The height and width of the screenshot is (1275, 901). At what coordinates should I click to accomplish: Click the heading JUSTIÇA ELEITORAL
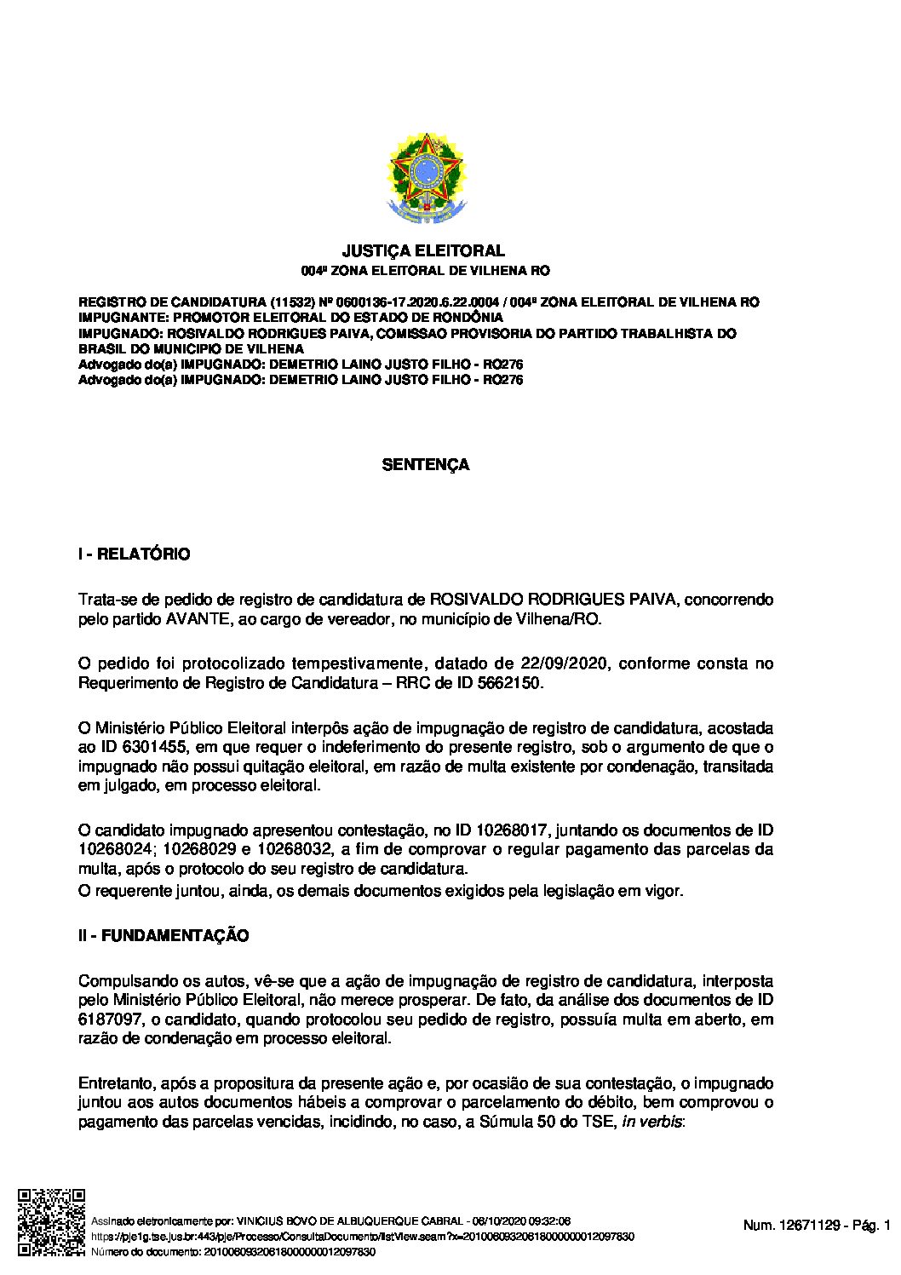click(x=423, y=250)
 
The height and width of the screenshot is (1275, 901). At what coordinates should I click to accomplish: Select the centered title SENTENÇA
click(x=425, y=465)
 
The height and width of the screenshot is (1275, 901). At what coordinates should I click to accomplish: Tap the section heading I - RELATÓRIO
click(x=134, y=554)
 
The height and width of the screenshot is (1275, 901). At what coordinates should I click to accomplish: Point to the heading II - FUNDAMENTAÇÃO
click(x=164, y=936)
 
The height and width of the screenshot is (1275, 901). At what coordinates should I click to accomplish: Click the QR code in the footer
click(x=51, y=1222)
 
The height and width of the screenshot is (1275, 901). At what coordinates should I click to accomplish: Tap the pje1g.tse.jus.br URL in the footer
click(x=362, y=1236)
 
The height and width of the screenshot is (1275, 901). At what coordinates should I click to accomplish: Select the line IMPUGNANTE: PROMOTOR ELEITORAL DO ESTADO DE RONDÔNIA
click(x=290, y=318)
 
